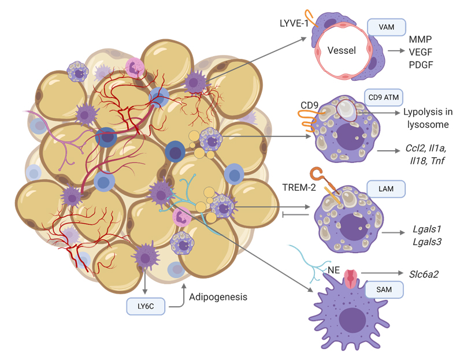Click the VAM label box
(x=387, y=27)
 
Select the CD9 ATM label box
(x=384, y=97)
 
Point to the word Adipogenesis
(x=218, y=297)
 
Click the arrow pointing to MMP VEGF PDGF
(x=395, y=51)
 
